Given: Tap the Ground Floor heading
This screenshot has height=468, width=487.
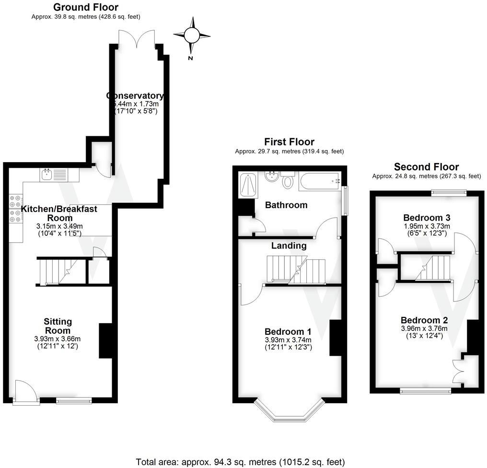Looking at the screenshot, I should (x=86, y=7).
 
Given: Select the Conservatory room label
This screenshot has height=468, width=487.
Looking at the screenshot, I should (x=135, y=95).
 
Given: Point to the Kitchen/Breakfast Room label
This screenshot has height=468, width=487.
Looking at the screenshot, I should (x=59, y=213).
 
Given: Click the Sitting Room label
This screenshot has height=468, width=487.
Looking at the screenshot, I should (x=58, y=326).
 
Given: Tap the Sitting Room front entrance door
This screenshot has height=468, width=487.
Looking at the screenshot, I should (x=26, y=391).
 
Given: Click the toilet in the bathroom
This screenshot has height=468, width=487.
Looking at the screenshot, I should (x=288, y=181).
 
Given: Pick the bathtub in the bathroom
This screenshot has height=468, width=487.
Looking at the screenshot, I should (x=320, y=182).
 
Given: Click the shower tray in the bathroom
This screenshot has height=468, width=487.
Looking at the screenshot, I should (x=248, y=185).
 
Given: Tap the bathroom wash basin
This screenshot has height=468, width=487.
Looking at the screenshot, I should (x=272, y=176).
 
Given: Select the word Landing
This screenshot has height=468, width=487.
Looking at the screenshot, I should (x=289, y=246).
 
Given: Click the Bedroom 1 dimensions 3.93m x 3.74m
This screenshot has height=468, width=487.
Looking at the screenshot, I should (x=288, y=340).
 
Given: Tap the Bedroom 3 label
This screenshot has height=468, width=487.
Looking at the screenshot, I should (x=426, y=218).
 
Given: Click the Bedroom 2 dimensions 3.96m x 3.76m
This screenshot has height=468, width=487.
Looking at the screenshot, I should (x=424, y=328).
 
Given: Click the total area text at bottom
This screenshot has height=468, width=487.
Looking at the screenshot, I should (x=240, y=462).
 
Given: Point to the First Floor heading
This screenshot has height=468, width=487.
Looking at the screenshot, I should (x=289, y=142).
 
